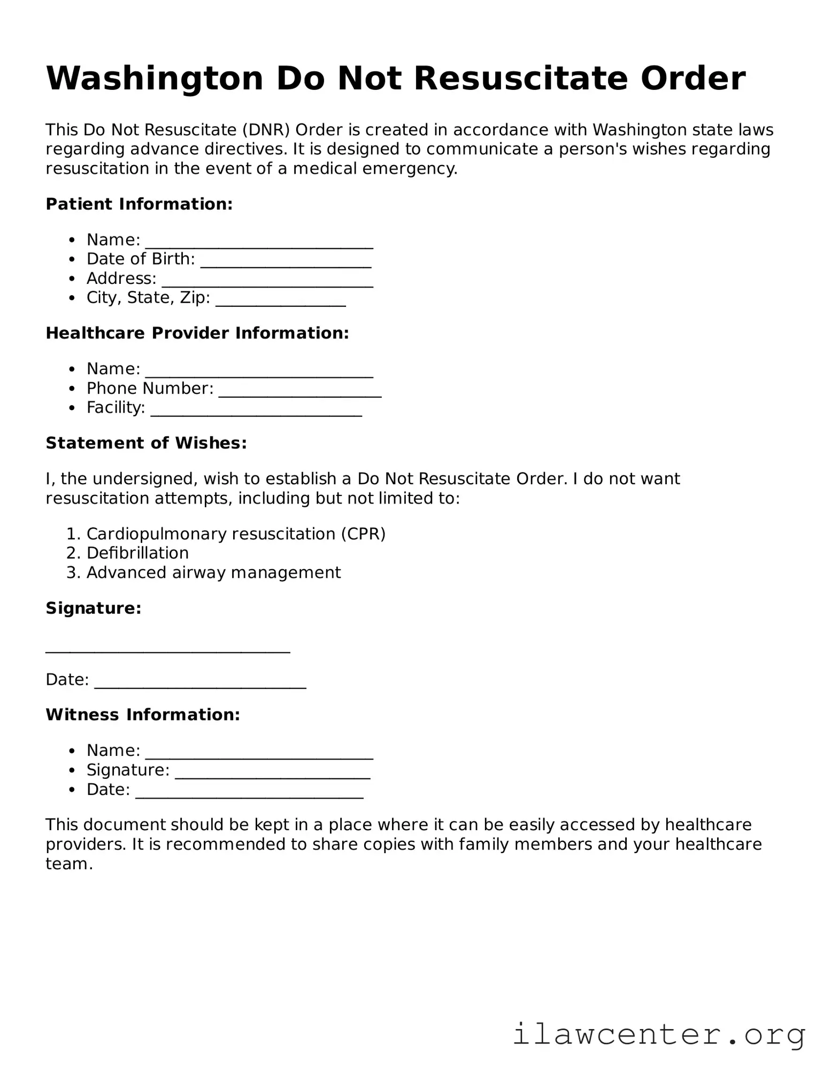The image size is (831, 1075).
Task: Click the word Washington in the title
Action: click(155, 79)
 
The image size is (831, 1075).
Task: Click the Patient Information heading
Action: click(139, 204)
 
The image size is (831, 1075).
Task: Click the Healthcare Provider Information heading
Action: click(197, 333)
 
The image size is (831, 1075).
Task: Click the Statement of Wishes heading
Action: click(146, 443)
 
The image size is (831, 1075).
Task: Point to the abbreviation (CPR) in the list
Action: click(363, 534)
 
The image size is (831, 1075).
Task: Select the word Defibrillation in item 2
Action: click(137, 553)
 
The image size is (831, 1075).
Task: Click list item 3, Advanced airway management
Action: click(213, 573)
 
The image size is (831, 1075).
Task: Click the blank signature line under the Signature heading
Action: click(167, 648)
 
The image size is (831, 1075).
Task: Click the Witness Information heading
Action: click(143, 715)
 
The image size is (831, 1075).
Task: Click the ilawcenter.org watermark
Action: click(659, 1034)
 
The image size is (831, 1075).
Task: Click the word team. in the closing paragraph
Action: click(69, 864)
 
